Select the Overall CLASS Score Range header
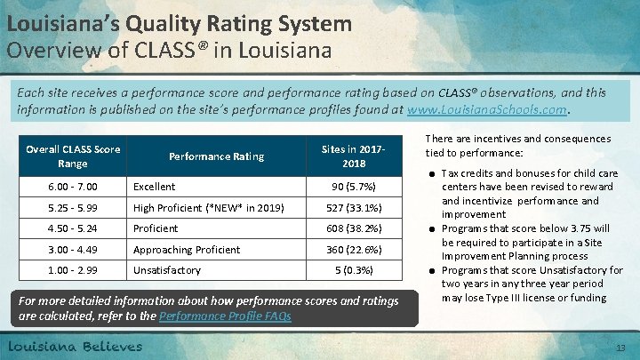(x=74, y=156)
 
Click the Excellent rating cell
(x=155, y=188)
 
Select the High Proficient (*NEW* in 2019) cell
(x=208, y=208)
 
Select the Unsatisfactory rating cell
(x=167, y=269)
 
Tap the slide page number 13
(x=621, y=347)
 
